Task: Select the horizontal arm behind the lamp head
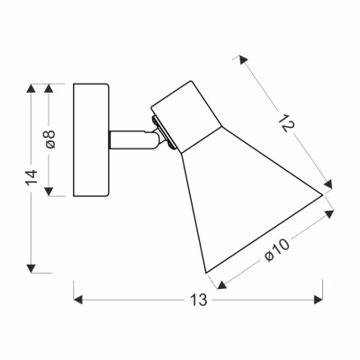click(x=131, y=139)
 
